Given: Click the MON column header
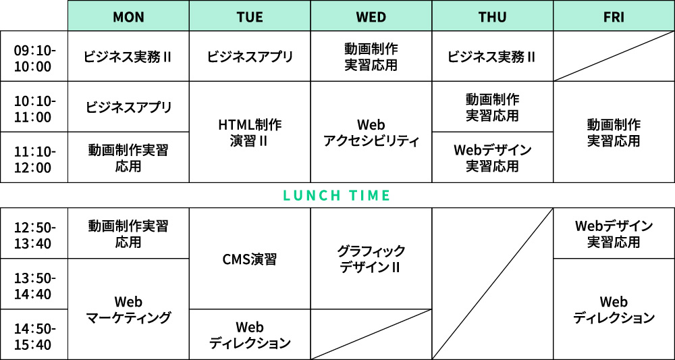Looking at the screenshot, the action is click(x=128, y=16).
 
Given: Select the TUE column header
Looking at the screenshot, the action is click(x=250, y=16).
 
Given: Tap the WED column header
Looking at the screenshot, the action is click(x=371, y=16).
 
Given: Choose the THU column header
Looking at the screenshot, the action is click(x=493, y=16).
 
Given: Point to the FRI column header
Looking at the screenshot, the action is click(x=614, y=16).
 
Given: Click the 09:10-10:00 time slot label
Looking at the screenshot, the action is click(x=34, y=59).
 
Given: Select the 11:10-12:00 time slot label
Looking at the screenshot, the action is click(x=34, y=159).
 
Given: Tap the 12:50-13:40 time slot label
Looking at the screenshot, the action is click(x=34, y=235).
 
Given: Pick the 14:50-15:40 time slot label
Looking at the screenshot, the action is click(x=34, y=336).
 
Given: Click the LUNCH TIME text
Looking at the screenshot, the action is click(x=336, y=195).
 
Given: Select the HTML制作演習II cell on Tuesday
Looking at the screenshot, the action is click(x=250, y=132).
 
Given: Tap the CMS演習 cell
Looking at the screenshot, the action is click(x=250, y=259).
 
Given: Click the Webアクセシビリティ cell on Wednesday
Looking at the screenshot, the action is click(x=371, y=132).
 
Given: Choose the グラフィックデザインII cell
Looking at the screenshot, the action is click(x=371, y=259).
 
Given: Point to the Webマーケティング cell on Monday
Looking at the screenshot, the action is click(x=128, y=309).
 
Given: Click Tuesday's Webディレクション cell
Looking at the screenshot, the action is click(x=250, y=334).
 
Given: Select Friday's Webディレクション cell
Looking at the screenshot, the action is click(x=614, y=309).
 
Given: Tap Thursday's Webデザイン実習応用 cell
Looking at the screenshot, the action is click(x=493, y=157).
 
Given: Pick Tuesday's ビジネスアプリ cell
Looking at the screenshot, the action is click(x=250, y=57).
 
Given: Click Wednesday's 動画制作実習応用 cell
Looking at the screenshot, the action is click(x=371, y=57).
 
